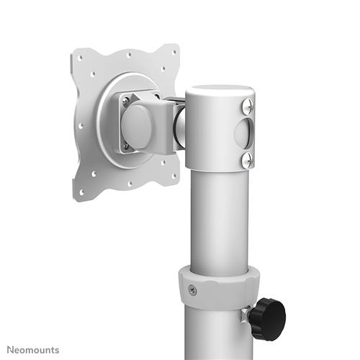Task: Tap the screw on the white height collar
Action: [192, 290]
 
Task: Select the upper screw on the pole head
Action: [248, 106]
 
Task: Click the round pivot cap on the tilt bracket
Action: [136, 124]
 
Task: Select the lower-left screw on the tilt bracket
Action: [126, 145]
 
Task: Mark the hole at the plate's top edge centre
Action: [127, 53]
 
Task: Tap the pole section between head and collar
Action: [218, 216]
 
